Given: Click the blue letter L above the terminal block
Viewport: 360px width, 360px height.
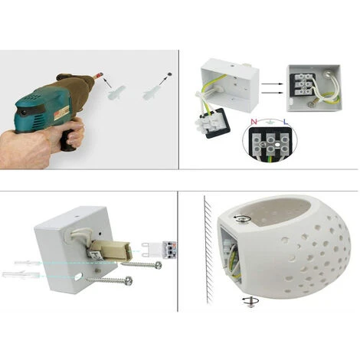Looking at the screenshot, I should (x=284, y=122).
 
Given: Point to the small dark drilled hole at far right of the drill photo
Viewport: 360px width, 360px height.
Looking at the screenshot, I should (x=169, y=74).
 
